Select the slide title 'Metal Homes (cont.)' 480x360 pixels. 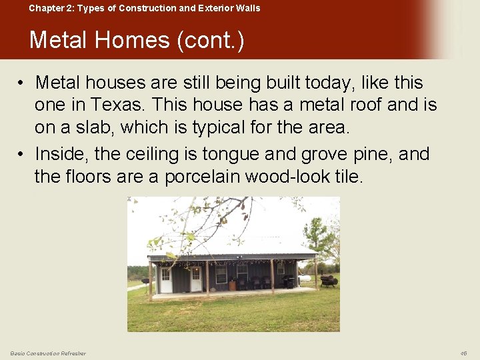pos(137,40)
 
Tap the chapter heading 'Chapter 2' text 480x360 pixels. pos(51,9)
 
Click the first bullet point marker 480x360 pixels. pos(22,83)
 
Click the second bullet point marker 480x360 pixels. pos(22,155)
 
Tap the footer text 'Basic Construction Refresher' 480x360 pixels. pos(48,353)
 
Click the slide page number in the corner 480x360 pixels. pos(464,353)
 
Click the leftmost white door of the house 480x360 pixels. pos(165,280)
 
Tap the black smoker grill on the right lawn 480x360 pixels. pos(328,280)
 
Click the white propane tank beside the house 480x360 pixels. pos(305,277)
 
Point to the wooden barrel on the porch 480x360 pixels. pos(231,285)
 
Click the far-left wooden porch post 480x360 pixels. pos(151,280)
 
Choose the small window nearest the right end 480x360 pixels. pos(281,270)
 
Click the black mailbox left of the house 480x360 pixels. pos(145,281)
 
